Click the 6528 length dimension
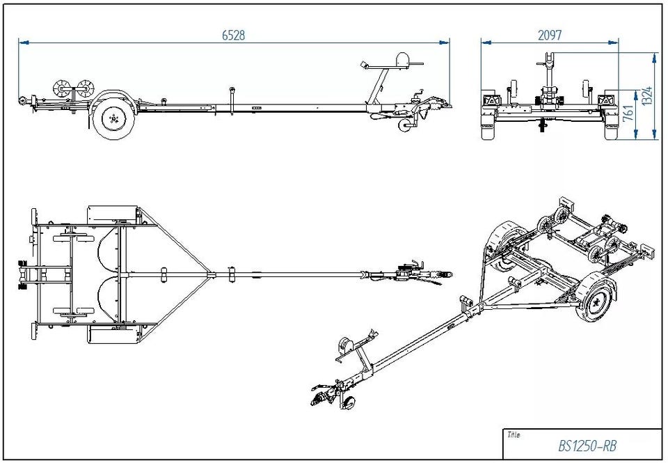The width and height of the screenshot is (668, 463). click(234, 35)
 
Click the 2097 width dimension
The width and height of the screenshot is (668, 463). click(550, 35)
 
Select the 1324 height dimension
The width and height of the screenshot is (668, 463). click(648, 96)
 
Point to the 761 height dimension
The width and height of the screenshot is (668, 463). click(629, 113)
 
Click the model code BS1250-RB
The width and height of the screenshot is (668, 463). click(587, 446)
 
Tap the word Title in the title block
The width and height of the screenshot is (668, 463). click(514, 435)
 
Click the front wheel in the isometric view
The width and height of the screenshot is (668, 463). click(595, 299)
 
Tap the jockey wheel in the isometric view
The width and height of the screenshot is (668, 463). click(349, 403)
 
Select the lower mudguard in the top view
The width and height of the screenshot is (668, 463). click(113, 335)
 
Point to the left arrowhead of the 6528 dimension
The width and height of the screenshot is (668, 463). click(24, 42)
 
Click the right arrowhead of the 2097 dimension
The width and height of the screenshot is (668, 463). click(614, 42)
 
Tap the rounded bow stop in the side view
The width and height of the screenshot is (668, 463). click(403, 59)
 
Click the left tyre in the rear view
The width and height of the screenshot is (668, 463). click(488, 127)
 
